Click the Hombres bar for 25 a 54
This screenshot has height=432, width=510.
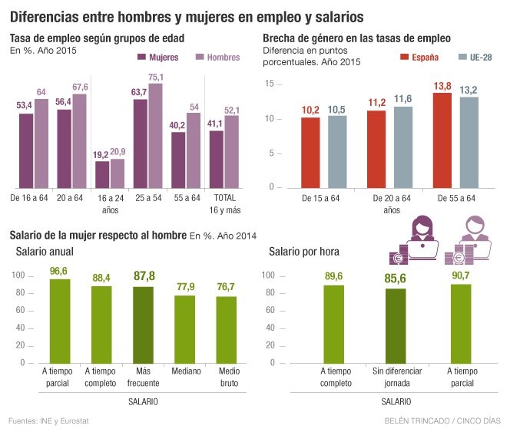point(156,136)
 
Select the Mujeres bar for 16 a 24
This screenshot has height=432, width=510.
point(101,174)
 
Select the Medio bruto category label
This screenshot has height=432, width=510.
point(227,377)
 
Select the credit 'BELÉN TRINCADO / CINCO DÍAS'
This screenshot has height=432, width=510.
point(442,420)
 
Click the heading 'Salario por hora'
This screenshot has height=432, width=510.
point(304,252)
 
